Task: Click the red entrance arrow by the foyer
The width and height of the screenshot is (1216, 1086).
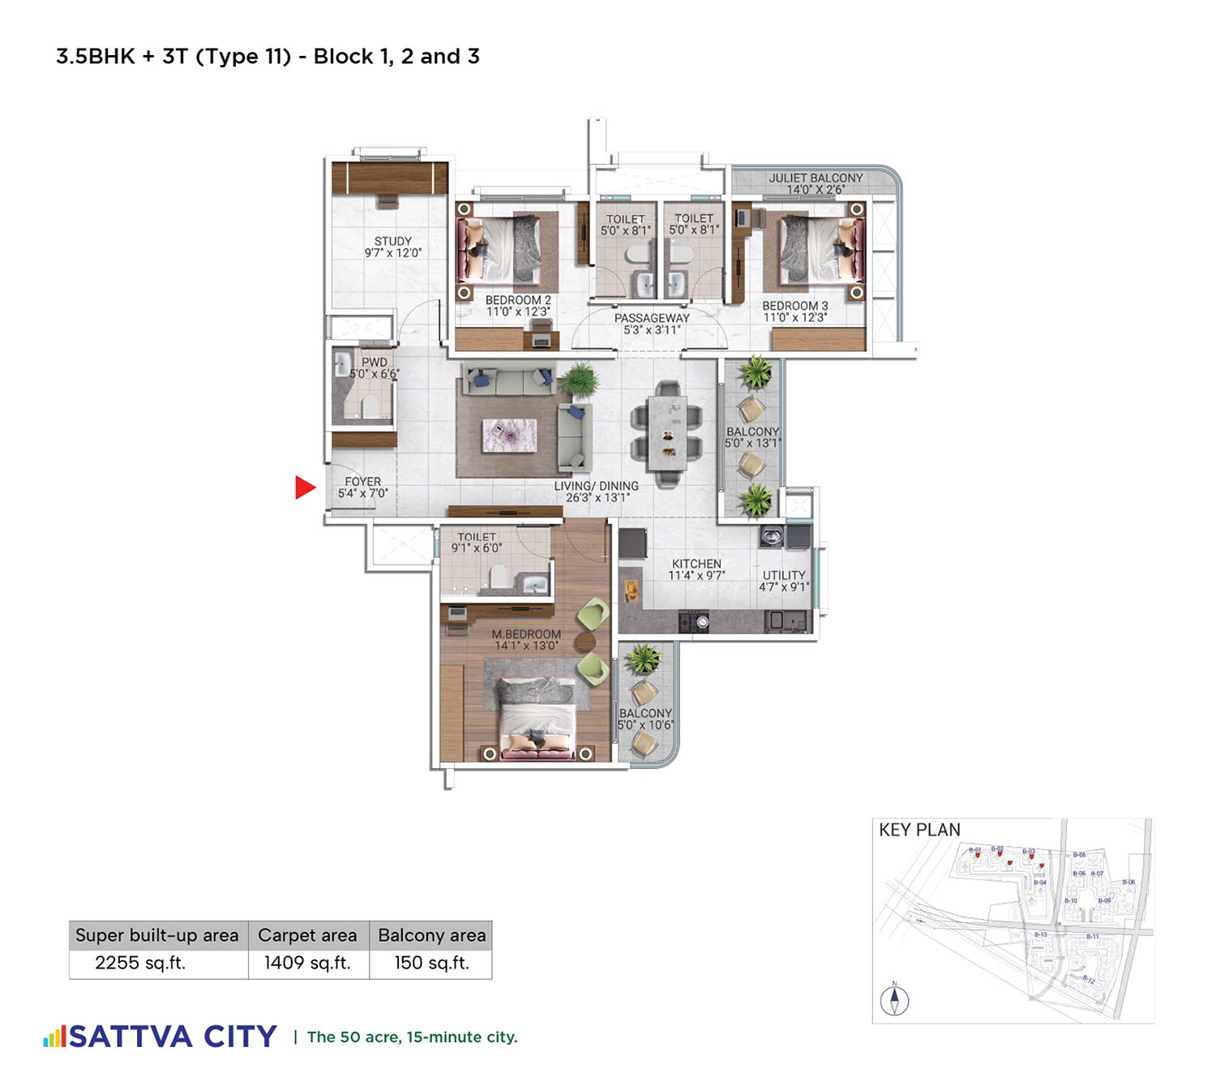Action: click(x=304, y=487)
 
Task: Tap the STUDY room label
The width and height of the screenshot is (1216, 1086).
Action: click(x=393, y=242)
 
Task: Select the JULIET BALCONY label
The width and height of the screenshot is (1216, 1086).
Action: click(x=816, y=178)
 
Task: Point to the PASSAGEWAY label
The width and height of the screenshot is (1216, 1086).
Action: click(x=652, y=319)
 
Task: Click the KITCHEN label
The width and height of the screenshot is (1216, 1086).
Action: click(x=696, y=564)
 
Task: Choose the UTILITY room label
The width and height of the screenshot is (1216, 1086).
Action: click(x=784, y=575)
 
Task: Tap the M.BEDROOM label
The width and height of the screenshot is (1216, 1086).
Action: click(x=526, y=634)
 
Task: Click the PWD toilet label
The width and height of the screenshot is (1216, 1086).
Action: click(x=374, y=363)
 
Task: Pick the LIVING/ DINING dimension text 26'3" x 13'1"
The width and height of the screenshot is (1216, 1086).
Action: click(x=597, y=498)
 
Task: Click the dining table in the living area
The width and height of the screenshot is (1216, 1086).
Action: click(x=667, y=433)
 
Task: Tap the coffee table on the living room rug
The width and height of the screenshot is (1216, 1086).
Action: click(x=509, y=436)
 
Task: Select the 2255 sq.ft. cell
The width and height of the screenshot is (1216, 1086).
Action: click(x=140, y=964)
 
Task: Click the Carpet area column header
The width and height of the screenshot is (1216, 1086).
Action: click(x=307, y=936)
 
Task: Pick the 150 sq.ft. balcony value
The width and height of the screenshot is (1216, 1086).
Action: click(x=431, y=964)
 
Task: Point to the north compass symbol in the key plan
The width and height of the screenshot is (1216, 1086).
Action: click(x=895, y=999)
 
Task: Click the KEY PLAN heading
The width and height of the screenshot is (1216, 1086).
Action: click(x=919, y=830)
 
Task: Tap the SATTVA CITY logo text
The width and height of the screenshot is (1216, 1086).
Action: click(x=173, y=1037)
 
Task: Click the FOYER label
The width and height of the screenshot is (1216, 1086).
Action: click(x=362, y=482)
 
